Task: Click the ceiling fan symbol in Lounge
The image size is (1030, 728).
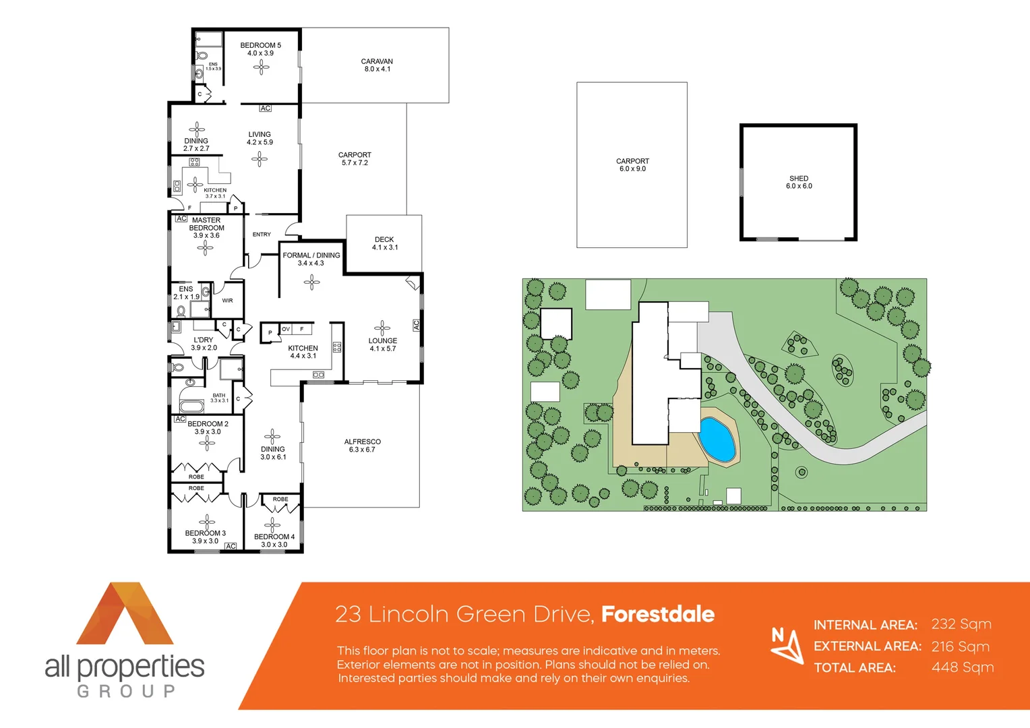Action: point(382,328)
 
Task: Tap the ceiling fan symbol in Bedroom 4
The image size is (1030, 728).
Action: point(272,525)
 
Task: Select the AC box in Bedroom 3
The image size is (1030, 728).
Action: point(231,546)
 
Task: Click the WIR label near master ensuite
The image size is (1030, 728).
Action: point(227,301)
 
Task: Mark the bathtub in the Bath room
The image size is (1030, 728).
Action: point(191,406)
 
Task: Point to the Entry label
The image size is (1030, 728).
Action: point(262,235)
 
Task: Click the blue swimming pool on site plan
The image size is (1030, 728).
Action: point(717,439)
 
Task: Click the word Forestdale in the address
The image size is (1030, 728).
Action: point(657,614)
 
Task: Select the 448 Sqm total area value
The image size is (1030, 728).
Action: point(962,667)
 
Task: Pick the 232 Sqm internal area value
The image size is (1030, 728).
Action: point(961,624)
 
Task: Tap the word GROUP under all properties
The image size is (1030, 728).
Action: point(126,691)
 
